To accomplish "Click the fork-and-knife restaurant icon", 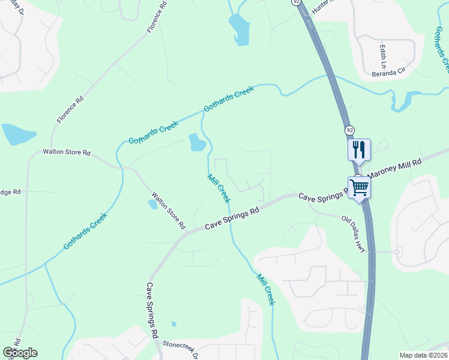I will click(359, 149).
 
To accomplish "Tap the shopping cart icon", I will click(359, 187).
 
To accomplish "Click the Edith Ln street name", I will click(382, 55).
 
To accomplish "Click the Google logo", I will click(20, 353).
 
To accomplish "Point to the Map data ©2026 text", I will click(423, 355).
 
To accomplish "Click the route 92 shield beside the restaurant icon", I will click(349, 130).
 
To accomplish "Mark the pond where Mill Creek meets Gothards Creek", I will click(197, 142).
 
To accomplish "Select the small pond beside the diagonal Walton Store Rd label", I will click(152, 204).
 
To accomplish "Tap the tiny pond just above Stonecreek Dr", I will click(173, 325).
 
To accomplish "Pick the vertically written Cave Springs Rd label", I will click(152, 309).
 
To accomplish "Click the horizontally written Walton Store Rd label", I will click(66, 152).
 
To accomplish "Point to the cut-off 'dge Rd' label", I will click(10, 192).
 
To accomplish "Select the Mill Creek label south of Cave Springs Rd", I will click(265, 289).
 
